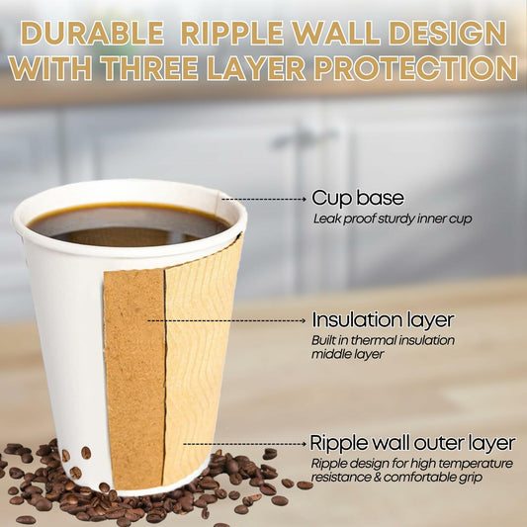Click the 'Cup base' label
350,197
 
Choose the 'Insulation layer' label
383,320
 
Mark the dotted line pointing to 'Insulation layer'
227,320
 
